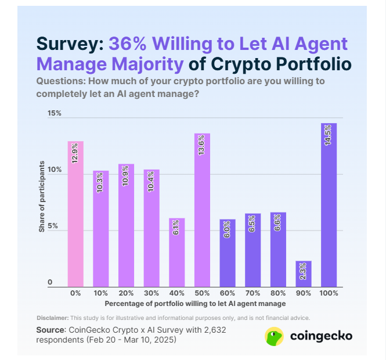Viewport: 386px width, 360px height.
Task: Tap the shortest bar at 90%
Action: (x=303, y=273)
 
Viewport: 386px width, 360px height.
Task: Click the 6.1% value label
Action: (x=176, y=229)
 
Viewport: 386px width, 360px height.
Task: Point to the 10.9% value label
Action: (x=126, y=175)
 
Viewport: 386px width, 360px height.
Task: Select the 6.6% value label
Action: (x=277, y=223)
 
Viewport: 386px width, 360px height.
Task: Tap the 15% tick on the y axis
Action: (x=55, y=113)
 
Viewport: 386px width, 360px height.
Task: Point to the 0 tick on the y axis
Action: (x=50, y=282)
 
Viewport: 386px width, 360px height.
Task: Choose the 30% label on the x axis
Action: (x=151, y=294)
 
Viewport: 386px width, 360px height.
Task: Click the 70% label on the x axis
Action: (x=252, y=294)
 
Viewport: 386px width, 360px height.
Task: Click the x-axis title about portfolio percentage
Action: (x=195, y=304)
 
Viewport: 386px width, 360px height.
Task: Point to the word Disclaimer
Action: (x=52, y=318)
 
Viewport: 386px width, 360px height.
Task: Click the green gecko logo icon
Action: (x=274, y=336)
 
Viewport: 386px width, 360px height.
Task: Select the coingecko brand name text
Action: (x=320, y=336)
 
